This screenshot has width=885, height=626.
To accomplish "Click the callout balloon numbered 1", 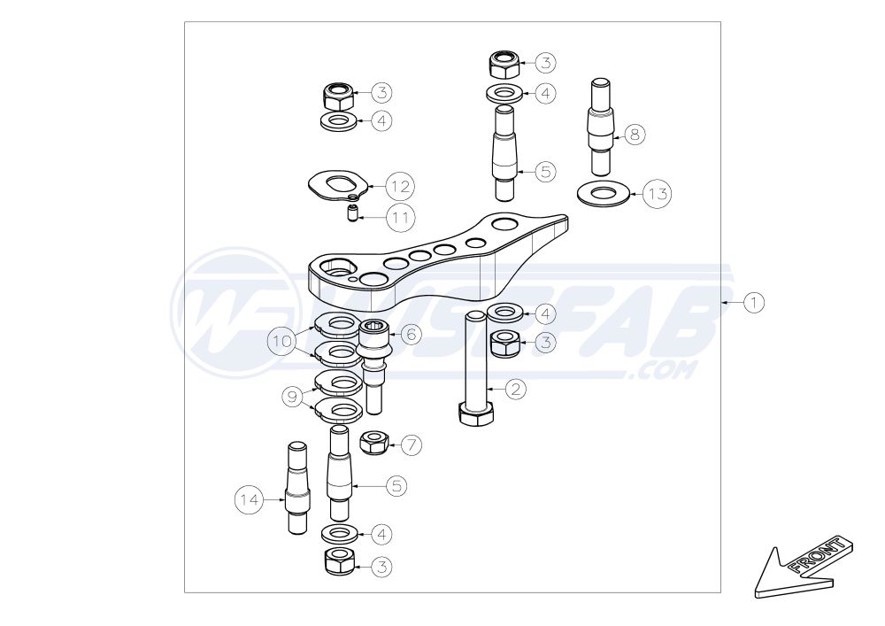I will point(753,303).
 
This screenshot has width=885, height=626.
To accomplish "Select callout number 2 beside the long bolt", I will point(516,388).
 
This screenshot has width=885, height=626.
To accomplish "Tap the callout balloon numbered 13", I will point(657,193).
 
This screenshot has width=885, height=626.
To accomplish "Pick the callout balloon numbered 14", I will point(250,500).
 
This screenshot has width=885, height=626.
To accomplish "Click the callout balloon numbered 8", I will point(635,135).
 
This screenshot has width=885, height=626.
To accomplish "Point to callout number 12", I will point(399,187).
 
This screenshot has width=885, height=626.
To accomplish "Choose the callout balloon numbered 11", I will point(399,215).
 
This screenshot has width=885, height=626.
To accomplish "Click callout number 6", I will point(410,334).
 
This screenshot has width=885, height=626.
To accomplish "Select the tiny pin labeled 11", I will point(351,213).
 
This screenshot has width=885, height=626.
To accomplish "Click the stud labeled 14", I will point(296,487).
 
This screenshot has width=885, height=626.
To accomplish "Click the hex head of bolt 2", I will point(477,414).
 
